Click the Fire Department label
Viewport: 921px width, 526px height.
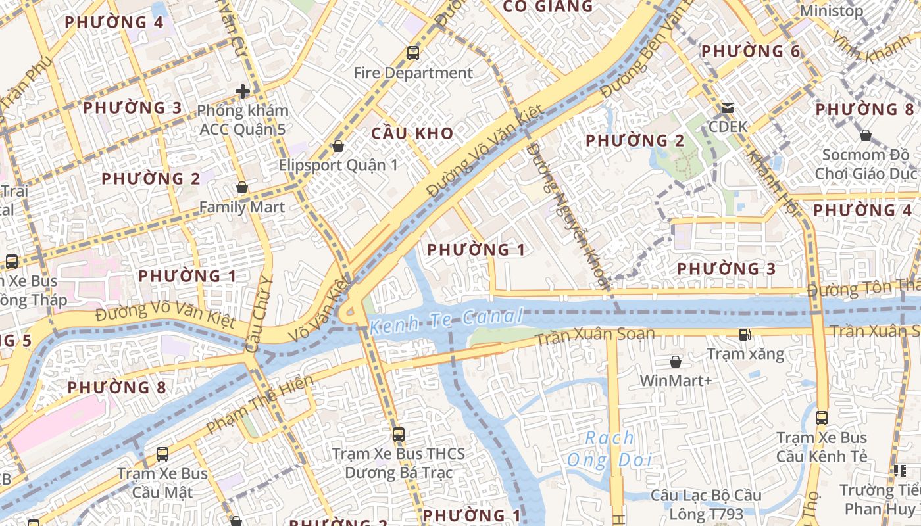(413, 73)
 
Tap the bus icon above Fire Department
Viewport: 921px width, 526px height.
(413, 53)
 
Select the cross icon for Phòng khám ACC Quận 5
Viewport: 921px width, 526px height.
(243, 91)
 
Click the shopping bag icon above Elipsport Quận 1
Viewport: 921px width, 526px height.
(338, 146)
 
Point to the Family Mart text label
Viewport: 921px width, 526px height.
(242, 207)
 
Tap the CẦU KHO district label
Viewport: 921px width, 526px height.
(412, 133)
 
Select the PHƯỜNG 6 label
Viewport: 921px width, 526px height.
(751, 51)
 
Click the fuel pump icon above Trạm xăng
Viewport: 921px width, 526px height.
(745, 335)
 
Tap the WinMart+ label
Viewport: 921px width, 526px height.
(676, 381)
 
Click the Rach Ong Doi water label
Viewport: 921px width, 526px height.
(610, 448)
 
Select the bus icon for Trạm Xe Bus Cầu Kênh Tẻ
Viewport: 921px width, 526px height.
(822, 418)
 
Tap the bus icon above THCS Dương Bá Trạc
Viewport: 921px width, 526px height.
(399, 434)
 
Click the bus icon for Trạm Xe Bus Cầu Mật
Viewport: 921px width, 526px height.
(162, 454)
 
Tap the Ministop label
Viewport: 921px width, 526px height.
(831, 11)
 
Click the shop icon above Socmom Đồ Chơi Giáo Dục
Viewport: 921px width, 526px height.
(866, 135)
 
